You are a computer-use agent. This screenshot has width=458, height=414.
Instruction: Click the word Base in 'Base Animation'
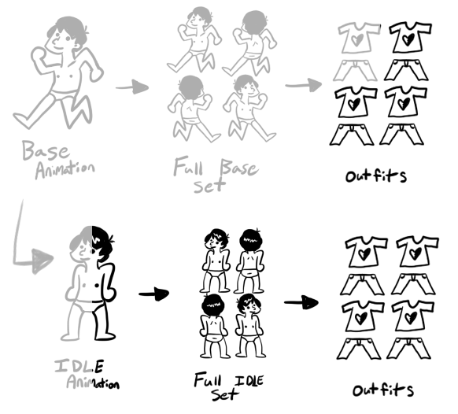tap(46, 151)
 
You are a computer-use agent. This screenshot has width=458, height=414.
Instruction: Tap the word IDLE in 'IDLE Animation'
tap(79, 366)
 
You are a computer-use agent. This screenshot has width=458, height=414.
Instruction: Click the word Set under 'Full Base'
tap(209, 185)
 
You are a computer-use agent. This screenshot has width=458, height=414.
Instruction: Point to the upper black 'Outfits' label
tap(376, 176)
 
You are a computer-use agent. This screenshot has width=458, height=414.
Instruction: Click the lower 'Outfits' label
tap(383, 390)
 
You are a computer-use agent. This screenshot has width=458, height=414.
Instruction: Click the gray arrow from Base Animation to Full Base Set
tap(132, 87)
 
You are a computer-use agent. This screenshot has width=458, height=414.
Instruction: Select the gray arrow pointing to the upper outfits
tap(304, 85)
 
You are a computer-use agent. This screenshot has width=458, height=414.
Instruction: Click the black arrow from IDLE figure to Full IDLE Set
tap(154, 294)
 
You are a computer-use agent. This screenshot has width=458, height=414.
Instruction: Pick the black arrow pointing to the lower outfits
tap(301, 302)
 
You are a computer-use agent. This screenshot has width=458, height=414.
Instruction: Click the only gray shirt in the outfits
tap(359, 38)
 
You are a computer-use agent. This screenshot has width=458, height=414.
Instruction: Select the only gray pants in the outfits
tap(355, 70)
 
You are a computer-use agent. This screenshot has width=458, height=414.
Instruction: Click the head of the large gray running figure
tap(66, 36)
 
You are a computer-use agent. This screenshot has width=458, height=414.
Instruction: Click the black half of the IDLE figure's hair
tap(102, 243)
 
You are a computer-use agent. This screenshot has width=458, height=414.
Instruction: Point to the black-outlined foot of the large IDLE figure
tap(105, 336)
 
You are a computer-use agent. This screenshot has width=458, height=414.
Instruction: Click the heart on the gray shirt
tap(357, 39)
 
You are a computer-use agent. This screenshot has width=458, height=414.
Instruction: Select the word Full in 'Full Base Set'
tap(189, 166)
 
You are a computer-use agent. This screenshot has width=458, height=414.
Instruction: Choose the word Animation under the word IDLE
tap(93, 382)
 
